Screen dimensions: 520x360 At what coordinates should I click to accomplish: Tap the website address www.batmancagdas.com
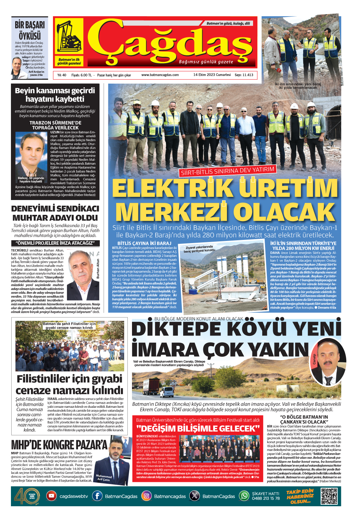point(160,75)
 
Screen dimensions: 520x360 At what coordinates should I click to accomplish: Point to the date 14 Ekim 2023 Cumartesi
point(212,75)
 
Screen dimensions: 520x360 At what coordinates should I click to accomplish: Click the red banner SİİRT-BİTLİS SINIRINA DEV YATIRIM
point(227,171)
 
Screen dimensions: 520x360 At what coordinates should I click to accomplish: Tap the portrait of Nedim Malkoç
point(31,155)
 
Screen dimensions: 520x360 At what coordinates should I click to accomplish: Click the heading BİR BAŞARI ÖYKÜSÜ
point(30,30)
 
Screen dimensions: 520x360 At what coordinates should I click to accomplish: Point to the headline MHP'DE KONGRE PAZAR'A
point(59,445)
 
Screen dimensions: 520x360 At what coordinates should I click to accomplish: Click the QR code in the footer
point(329,496)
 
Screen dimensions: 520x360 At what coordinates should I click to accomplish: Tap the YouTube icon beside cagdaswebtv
point(51,496)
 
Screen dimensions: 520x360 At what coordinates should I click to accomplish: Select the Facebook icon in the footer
point(97,496)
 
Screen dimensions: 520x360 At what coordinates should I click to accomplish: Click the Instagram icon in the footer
point(146,496)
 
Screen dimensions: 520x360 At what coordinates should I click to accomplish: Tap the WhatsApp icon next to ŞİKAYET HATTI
point(244,496)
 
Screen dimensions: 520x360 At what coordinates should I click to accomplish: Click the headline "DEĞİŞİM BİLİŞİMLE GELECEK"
point(198,429)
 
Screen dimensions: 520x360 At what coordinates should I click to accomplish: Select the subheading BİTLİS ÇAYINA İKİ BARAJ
point(144,243)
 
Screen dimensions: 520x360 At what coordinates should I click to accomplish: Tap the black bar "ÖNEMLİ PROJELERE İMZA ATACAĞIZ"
point(55,243)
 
